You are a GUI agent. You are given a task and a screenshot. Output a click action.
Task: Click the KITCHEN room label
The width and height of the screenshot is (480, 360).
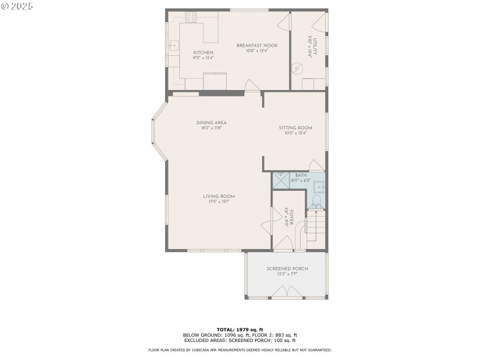203,53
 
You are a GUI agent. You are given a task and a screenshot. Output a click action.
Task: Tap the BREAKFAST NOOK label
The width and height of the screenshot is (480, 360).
256,46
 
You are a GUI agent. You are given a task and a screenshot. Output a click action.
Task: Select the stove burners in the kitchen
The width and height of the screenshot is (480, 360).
191,18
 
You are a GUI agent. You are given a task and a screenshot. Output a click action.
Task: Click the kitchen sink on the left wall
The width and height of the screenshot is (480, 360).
173,44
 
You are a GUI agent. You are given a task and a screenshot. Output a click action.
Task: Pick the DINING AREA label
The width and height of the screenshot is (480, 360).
211,122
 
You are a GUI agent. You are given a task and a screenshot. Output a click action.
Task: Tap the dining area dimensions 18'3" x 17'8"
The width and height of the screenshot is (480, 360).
211,128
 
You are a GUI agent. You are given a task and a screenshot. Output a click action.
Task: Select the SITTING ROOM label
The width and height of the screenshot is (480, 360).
295,128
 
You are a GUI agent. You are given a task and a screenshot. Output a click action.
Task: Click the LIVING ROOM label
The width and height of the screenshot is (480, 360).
218,196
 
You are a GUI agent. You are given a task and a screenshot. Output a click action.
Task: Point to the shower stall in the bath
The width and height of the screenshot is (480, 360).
280,180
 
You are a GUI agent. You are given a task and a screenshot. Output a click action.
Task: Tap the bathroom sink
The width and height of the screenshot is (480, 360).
319,187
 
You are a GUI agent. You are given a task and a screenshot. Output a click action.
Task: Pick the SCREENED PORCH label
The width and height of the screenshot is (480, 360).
287,269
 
